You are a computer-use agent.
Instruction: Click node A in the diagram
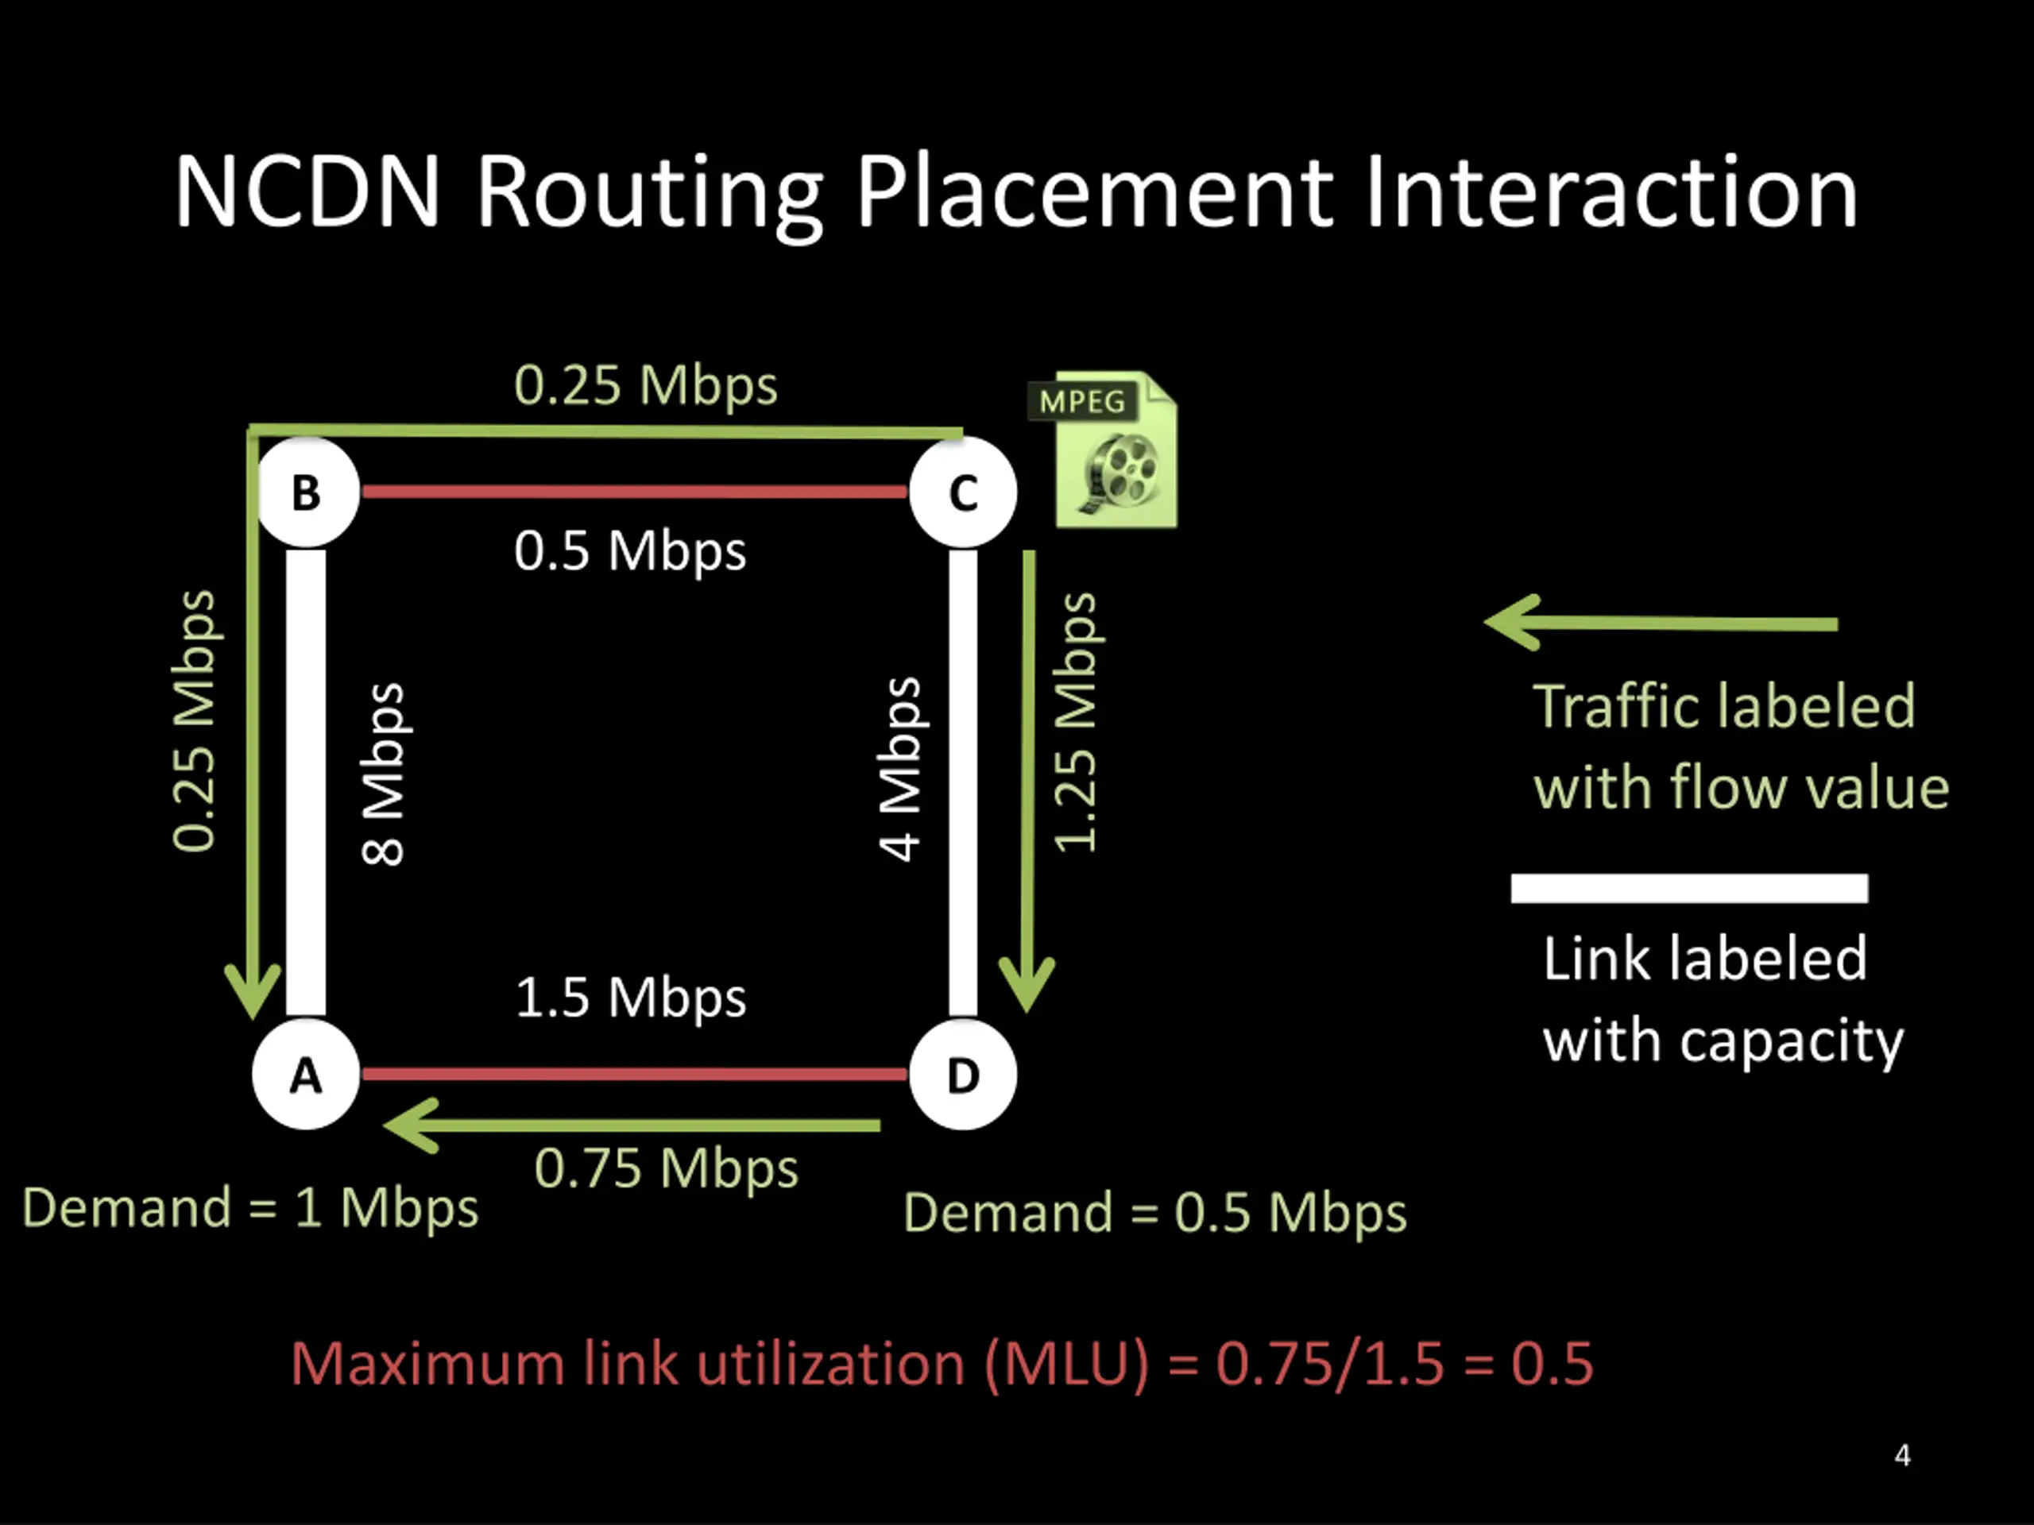[x=306, y=1074]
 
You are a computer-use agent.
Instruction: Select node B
[x=306, y=492]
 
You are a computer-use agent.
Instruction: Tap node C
[x=963, y=492]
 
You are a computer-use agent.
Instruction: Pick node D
[x=963, y=1074]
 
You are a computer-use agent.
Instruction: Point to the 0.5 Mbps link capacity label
[x=630, y=551]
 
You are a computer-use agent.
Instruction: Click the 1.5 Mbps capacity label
[x=630, y=998]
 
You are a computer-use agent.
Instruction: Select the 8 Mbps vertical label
[x=382, y=774]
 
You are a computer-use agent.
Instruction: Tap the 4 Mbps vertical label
[x=899, y=770]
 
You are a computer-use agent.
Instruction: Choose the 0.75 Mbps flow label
[x=666, y=1168]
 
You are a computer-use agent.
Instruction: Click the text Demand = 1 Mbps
[x=250, y=1207]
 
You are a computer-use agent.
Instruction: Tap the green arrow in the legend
[x=1661, y=624]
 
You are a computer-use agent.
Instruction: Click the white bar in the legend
[x=1689, y=888]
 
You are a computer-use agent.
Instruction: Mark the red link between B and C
[x=635, y=492]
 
